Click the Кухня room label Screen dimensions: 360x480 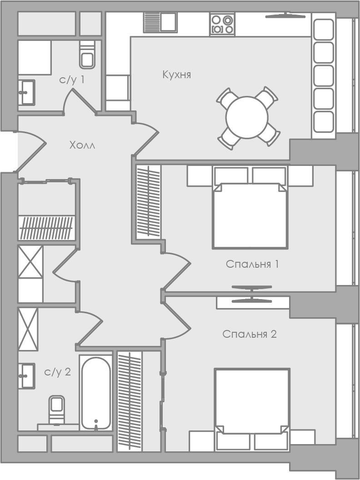177,75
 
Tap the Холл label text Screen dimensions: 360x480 82,145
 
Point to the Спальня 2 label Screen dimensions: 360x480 250,334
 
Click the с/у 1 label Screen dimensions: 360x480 72,80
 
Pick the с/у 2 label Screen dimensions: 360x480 58,372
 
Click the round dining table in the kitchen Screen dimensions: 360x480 247,117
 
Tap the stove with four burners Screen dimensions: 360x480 222,24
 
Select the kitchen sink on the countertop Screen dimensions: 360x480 160,22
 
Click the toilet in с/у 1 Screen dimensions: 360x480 87,55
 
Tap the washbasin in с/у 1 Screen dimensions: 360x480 27,92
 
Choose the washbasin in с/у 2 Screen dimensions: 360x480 27,375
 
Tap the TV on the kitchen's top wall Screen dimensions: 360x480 285,15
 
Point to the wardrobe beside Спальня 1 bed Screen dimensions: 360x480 148,201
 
